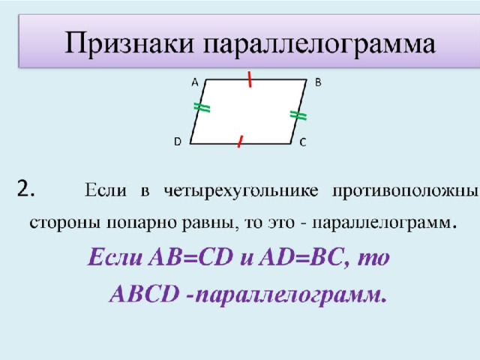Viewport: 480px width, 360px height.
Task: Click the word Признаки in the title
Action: click(130, 43)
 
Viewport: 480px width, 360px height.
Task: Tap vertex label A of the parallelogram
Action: click(195, 82)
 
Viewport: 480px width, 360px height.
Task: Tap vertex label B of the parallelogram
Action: click(318, 82)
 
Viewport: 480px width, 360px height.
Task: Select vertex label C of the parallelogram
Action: click(303, 142)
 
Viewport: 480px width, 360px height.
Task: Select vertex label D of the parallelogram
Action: click(178, 142)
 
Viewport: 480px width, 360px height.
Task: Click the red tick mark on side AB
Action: click(250, 79)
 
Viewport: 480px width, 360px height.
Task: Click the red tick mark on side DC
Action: click(240, 142)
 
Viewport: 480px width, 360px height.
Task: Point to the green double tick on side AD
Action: click(202, 108)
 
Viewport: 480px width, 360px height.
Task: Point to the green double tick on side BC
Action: click(298, 115)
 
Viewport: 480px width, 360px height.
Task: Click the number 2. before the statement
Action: click(25, 188)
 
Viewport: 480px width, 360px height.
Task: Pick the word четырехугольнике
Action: click(241, 191)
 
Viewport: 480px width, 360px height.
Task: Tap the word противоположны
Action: click(405, 191)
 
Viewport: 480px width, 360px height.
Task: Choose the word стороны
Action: click(65, 223)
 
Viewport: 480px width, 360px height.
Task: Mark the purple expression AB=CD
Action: click(190, 257)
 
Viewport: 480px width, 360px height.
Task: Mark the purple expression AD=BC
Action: click(300, 257)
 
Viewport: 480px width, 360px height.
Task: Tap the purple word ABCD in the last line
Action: click(144, 294)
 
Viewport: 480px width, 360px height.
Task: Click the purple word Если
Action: click(115, 257)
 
